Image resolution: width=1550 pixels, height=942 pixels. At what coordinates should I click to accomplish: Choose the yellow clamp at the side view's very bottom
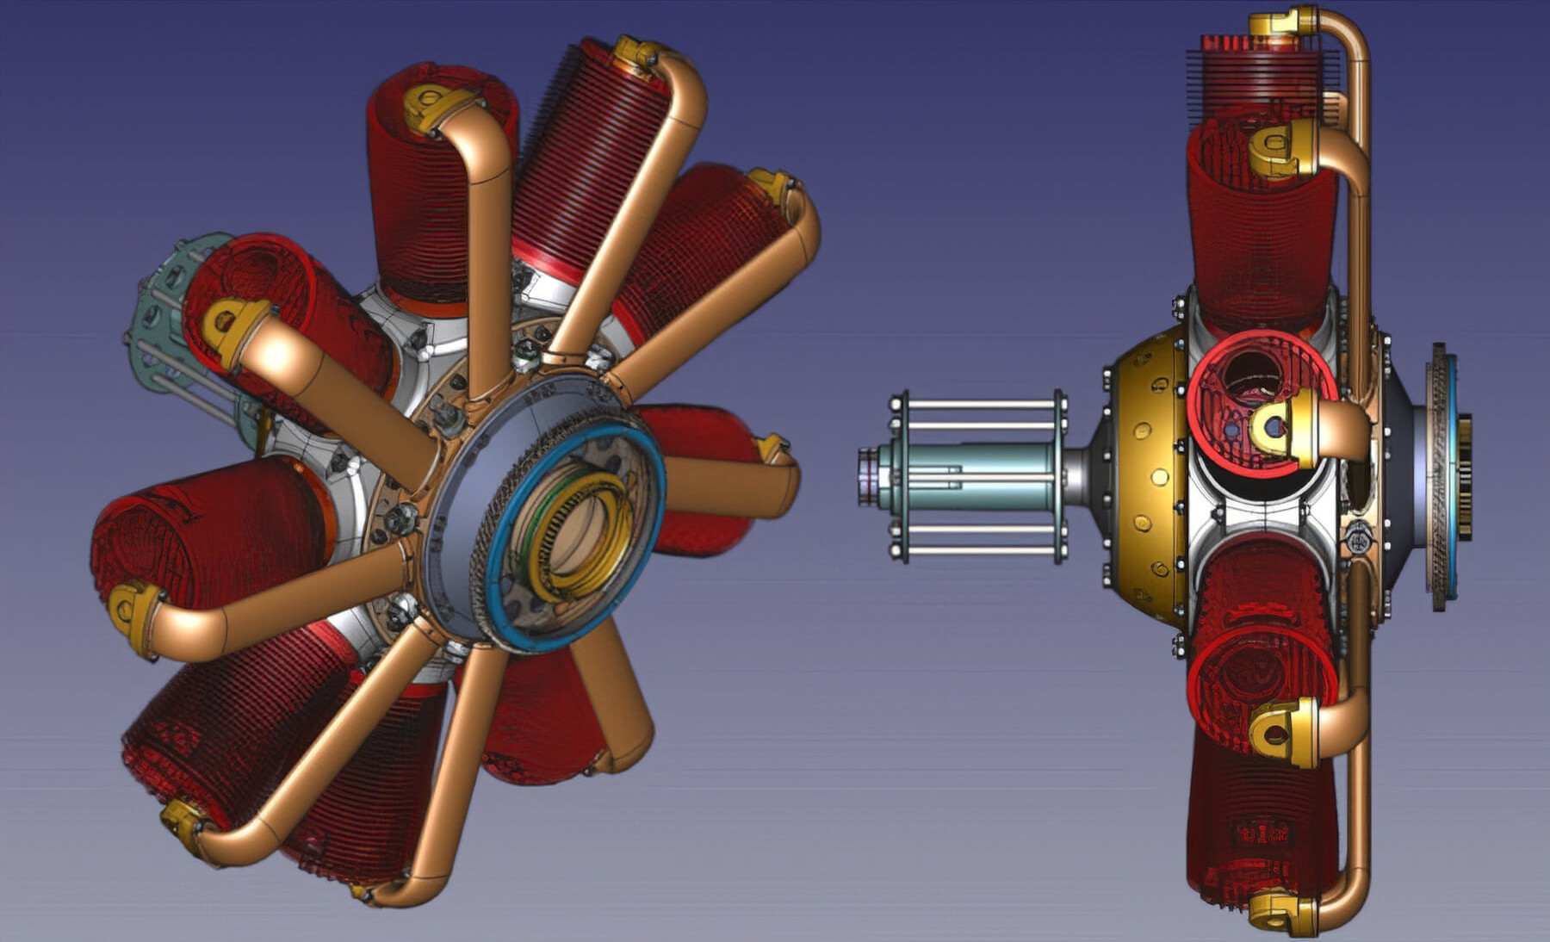click(1283, 913)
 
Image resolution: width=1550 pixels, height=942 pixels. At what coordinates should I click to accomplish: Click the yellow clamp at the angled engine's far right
click(772, 449)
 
